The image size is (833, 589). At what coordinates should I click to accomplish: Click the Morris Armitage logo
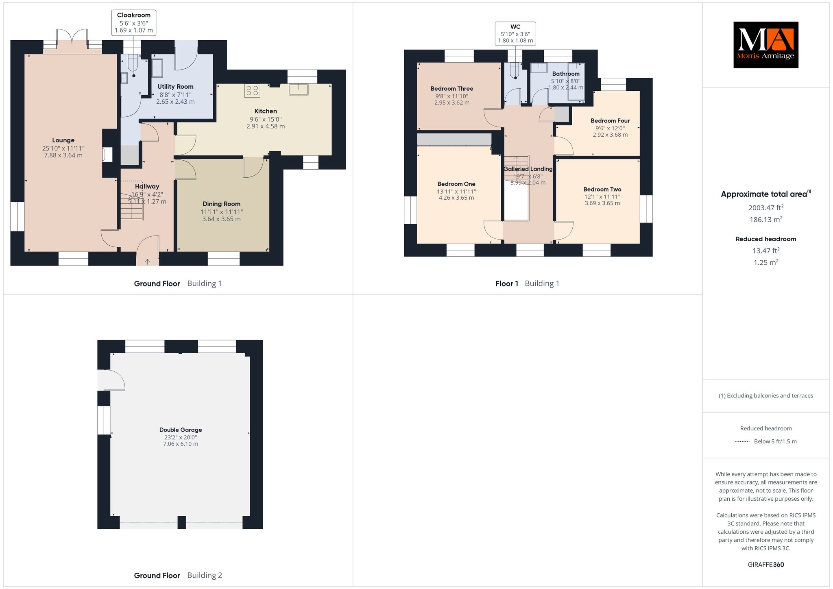click(765, 45)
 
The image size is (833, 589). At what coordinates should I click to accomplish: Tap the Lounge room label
click(63, 140)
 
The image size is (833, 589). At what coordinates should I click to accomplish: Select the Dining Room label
click(221, 204)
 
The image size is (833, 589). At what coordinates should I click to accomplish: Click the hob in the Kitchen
click(252, 90)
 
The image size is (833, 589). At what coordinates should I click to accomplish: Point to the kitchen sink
click(299, 89)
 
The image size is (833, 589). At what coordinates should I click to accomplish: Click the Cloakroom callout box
click(134, 22)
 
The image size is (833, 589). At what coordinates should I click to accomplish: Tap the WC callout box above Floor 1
click(515, 33)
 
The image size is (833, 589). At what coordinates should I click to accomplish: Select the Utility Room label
click(175, 87)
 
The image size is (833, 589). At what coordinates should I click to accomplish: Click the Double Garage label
click(181, 430)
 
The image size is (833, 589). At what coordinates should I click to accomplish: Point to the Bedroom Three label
click(452, 89)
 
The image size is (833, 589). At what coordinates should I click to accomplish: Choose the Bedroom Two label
click(602, 189)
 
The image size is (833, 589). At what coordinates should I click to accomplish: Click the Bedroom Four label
click(610, 121)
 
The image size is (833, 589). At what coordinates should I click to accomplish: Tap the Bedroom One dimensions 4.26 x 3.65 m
click(456, 198)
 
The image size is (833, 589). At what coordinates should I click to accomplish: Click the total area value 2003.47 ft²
click(766, 207)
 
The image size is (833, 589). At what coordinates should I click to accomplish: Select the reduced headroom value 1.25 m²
click(766, 262)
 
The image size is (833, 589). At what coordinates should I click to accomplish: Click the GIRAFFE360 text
click(766, 565)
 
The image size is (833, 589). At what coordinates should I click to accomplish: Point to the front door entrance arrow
click(147, 262)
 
